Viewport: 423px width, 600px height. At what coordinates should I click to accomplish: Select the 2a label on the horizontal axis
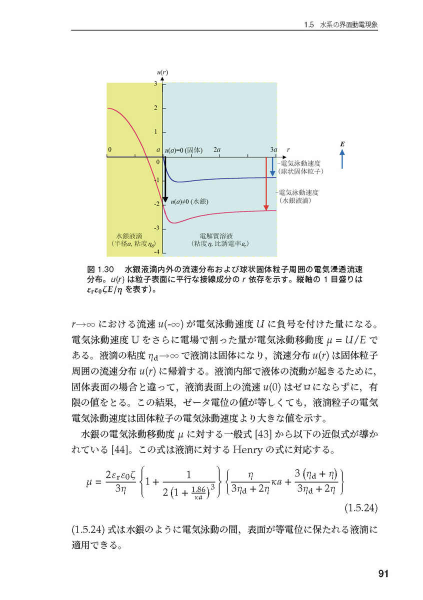click(x=217, y=149)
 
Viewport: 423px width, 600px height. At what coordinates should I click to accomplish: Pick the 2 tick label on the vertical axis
click(x=156, y=108)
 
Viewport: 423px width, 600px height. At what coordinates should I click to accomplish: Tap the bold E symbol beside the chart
click(x=342, y=144)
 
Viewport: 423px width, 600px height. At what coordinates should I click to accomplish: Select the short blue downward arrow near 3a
click(x=272, y=166)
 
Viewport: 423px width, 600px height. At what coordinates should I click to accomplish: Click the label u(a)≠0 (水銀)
click(x=188, y=202)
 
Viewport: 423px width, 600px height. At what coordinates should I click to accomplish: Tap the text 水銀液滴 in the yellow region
click(x=128, y=235)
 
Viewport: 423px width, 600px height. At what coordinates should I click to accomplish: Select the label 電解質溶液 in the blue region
click(x=216, y=235)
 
